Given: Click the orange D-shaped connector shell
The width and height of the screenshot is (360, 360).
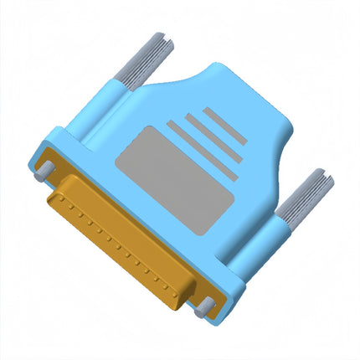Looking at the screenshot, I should click(126, 243).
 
